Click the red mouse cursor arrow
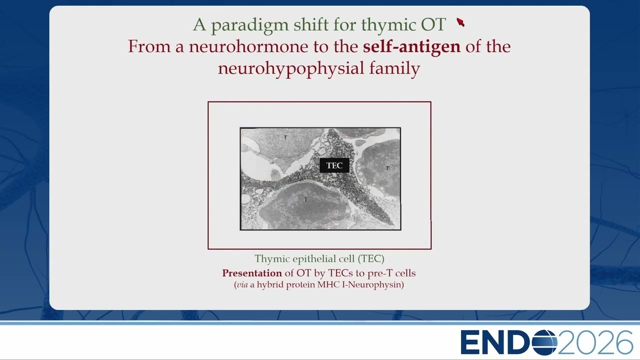[x=460, y=22]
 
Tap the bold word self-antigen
[x=411, y=47]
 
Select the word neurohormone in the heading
[x=248, y=46]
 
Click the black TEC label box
[x=334, y=165]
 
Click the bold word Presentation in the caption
[x=252, y=273]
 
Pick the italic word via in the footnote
[x=242, y=285]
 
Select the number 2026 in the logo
[x=595, y=342]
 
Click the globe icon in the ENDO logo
[x=544, y=342]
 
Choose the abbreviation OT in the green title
[x=433, y=24]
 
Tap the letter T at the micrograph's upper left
[x=285, y=137]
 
